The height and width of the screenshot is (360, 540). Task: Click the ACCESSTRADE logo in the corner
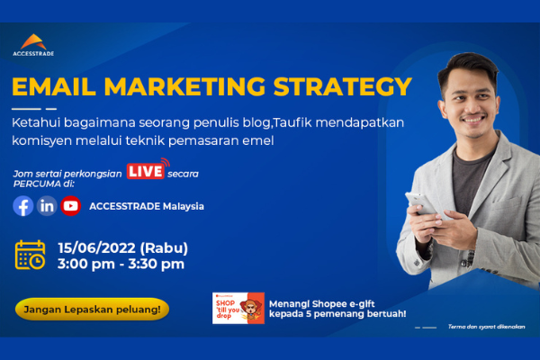37,44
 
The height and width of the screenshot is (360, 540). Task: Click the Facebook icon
23,205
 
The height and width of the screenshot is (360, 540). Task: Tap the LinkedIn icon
47,205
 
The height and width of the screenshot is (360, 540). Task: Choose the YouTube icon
70,205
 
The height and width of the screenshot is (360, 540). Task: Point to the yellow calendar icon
30,255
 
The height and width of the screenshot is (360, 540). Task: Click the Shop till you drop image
238,308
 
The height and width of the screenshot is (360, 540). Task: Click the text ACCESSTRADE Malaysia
147,206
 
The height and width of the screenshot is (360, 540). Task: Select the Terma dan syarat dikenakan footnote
485,327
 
